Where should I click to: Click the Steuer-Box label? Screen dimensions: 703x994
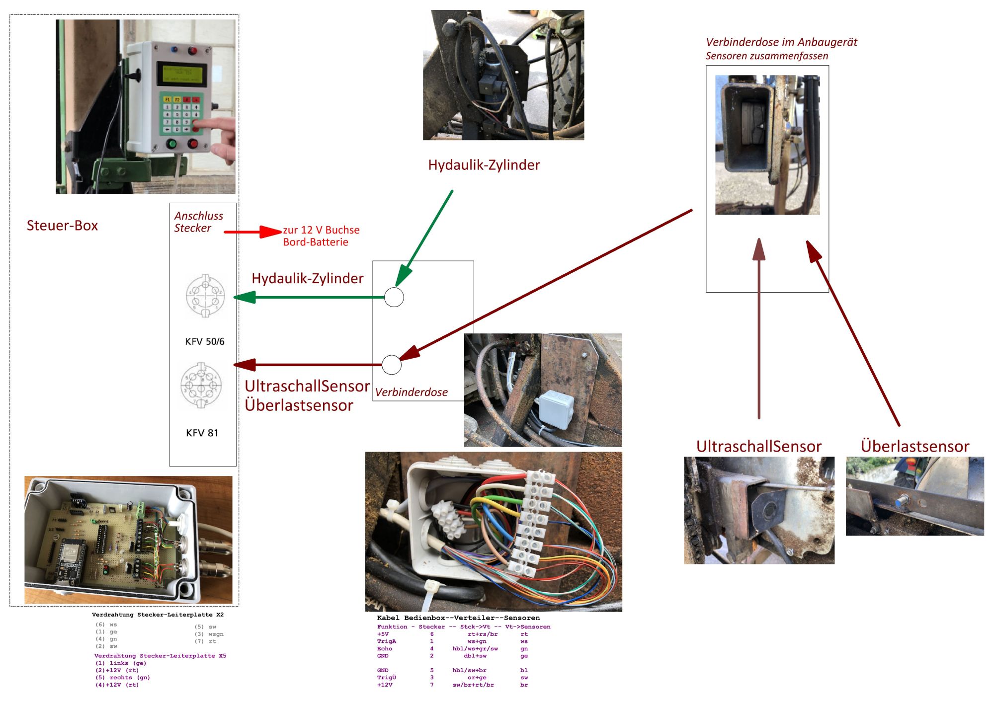point(62,226)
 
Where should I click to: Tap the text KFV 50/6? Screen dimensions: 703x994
point(204,342)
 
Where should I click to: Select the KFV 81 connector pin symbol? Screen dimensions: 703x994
point(201,386)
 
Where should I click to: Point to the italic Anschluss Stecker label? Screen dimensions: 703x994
point(198,222)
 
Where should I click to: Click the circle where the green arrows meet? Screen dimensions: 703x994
point(394,297)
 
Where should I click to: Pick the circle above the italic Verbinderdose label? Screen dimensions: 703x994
point(392,365)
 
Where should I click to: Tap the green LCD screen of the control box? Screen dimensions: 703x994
point(182,74)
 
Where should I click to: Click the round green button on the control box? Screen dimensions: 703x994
point(171,145)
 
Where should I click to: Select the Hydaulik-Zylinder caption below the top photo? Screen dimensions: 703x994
point(484,165)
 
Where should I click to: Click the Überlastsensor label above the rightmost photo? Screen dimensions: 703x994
point(914,446)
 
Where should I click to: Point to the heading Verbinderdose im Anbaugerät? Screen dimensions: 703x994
point(781,42)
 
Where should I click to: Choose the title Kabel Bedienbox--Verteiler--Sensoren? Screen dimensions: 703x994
point(458,618)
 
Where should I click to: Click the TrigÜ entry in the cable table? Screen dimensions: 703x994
point(386,677)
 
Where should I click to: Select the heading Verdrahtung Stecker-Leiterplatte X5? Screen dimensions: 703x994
point(160,656)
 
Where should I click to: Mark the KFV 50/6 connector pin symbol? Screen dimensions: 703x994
point(205,296)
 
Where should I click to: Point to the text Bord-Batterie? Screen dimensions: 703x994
point(316,242)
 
